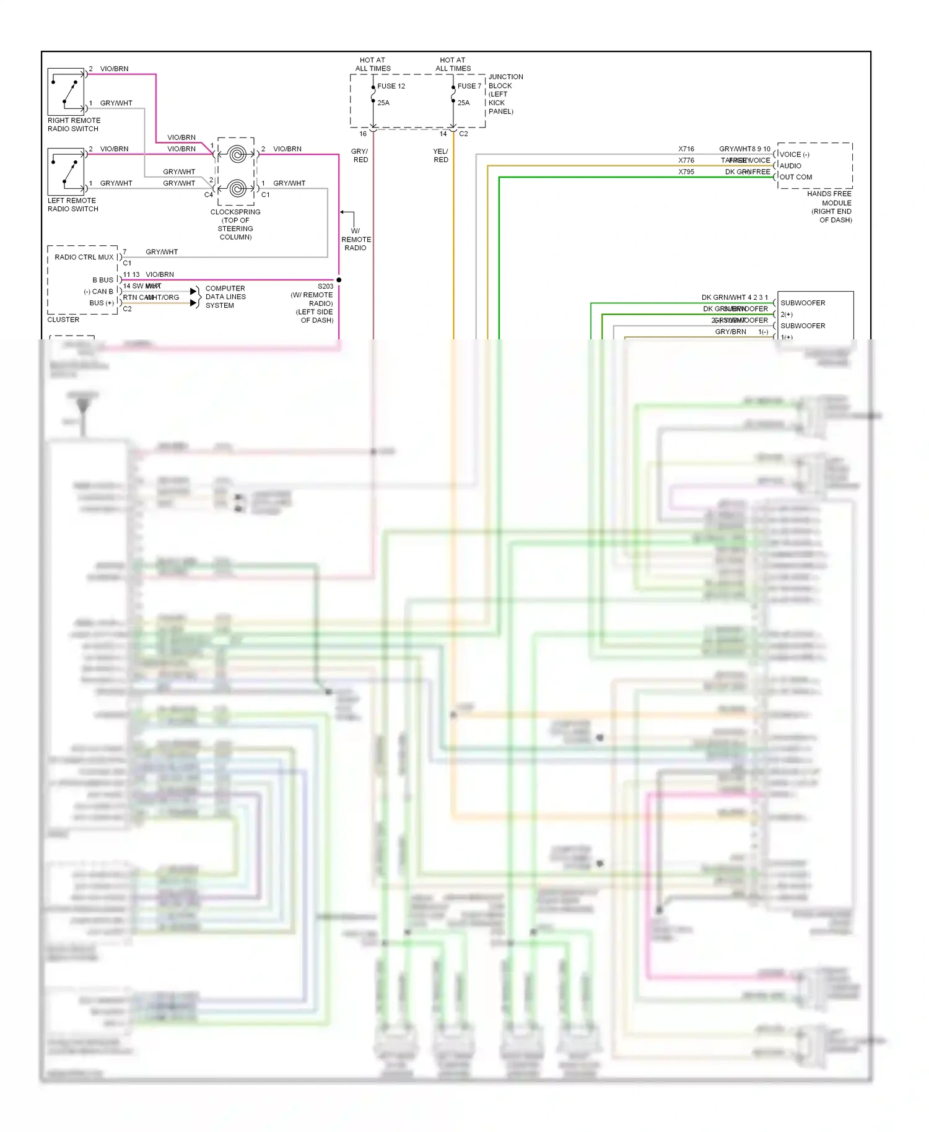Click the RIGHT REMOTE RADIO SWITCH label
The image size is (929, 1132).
[x=74, y=124]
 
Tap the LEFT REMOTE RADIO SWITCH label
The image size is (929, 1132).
[x=72, y=204]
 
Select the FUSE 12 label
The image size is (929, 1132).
[x=391, y=86]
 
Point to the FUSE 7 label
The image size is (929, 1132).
[x=469, y=86]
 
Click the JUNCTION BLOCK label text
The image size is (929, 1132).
[x=505, y=94]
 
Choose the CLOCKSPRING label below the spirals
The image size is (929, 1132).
[x=235, y=224]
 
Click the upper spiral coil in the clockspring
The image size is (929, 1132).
[x=237, y=154]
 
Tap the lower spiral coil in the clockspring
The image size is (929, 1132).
[x=237, y=188]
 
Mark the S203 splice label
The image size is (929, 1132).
[x=325, y=286]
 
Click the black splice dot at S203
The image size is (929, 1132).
[x=339, y=280]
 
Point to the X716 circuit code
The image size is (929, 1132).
[x=686, y=149]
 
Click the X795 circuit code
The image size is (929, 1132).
[x=686, y=172]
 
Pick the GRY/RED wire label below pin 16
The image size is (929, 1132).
[x=360, y=155]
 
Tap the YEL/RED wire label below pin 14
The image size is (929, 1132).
[x=440, y=155]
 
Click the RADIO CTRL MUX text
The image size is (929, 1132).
[x=84, y=257]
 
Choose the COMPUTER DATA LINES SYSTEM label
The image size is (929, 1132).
[x=225, y=297]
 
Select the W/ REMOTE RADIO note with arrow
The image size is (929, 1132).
[x=355, y=239]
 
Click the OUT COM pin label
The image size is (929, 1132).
[x=796, y=177]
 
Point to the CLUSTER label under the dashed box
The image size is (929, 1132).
[x=63, y=320]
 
